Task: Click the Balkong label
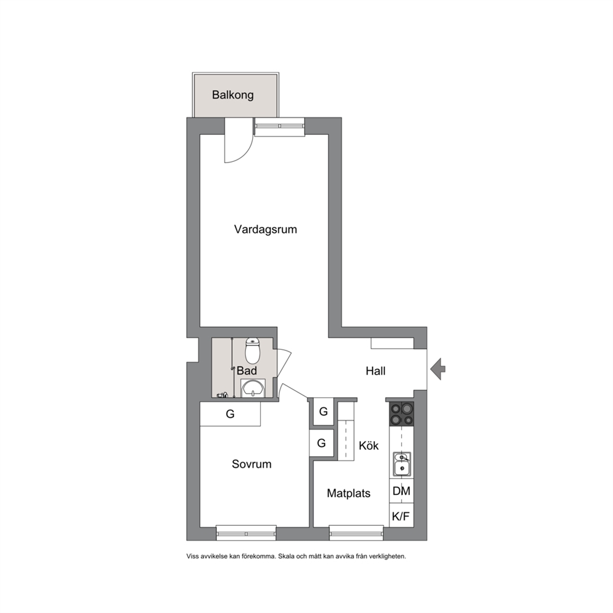point(232,95)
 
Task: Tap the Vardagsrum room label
point(266,229)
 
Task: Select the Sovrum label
point(252,464)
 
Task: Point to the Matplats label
point(349,493)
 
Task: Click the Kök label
point(369,446)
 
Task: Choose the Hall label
point(375,371)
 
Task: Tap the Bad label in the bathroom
point(247,370)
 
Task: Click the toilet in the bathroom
point(253,350)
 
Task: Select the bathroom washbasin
point(253,388)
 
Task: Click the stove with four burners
point(402,413)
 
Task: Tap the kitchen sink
point(402,464)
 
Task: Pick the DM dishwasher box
point(402,491)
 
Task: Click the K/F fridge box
point(402,515)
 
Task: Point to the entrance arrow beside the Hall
point(438,369)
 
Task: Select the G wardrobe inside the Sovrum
point(230,414)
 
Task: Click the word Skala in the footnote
point(286,556)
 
